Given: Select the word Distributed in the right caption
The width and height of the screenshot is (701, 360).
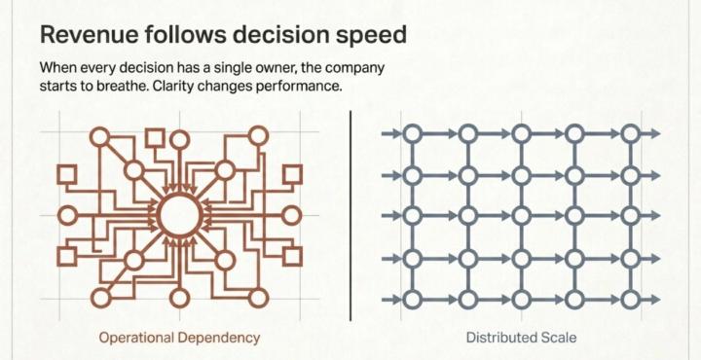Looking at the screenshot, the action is coord(498,338).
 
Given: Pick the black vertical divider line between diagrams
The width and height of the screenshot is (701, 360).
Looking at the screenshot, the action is coord(350,216).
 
